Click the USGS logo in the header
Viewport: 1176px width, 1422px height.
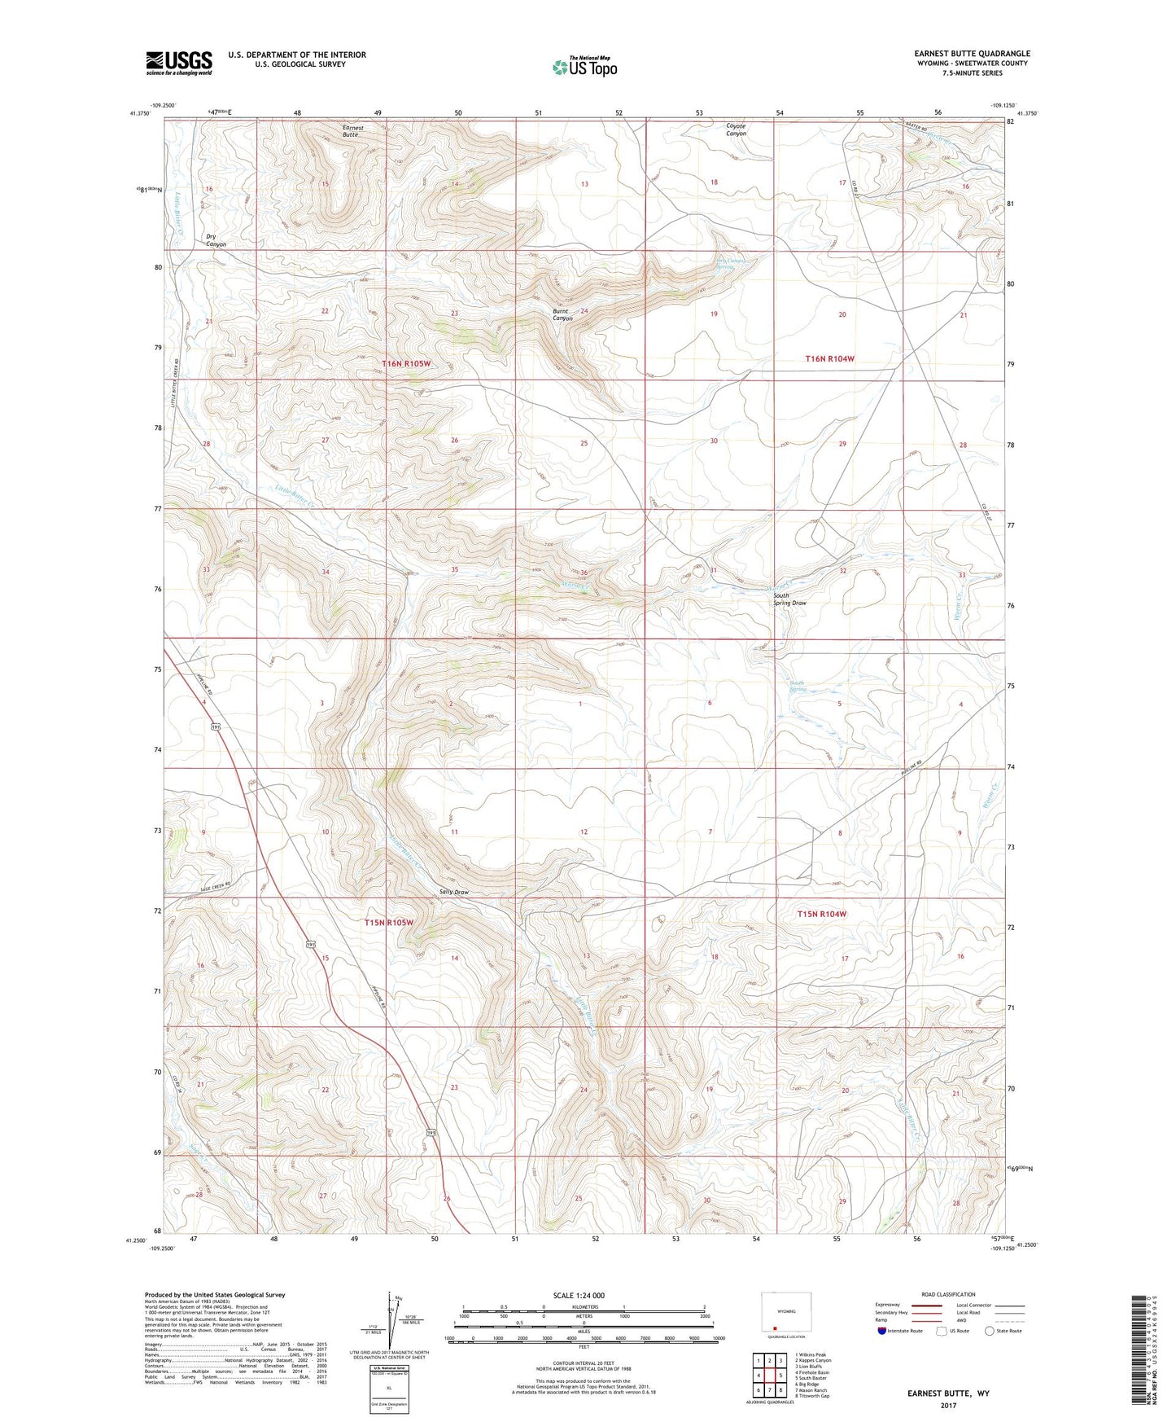click(178, 63)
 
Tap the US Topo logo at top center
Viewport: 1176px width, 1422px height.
click(584, 67)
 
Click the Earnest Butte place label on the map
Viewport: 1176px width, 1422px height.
click(352, 130)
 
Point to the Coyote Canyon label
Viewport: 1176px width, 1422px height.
click(736, 129)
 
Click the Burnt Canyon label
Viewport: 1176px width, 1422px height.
click(562, 314)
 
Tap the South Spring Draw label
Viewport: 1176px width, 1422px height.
click(789, 599)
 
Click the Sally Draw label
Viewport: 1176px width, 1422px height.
click(454, 892)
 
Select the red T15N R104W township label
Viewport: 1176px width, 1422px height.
click(822, 915)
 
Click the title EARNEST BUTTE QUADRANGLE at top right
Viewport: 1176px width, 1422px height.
click(971, 54)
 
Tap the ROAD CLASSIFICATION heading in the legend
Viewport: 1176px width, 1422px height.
click(948, 1294)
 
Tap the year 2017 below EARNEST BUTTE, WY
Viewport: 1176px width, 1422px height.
click(948, 1405)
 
